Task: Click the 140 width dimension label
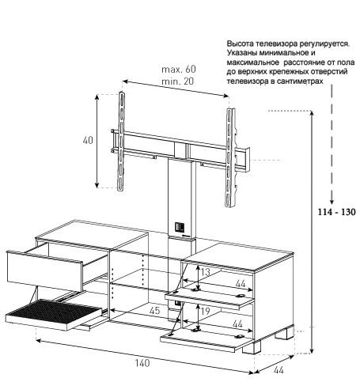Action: pyautogui.click(x=142, y=363)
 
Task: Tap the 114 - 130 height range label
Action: pyautogui.click(x=336, y=212)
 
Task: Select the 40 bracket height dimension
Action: pyautogui.click(x=88, y=140)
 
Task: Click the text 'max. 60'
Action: pyautogui.click(x=179, y=69)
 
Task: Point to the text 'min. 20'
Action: pyautogui.click(x=178, y=81)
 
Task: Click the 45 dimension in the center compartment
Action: pyautogui.click(x=154, y=311)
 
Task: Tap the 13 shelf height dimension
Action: pyautogui.click(x=205, y=272)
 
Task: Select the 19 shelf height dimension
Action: pyautogui.click(x=205, y=312)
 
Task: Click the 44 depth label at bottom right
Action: pyautogui.click(x=279, y=370)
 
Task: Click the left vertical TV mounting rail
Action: pyautogui.click(x=121, y=141)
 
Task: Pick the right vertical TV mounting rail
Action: pyautogui.click(x=230, y=157)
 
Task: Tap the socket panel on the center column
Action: pyautogui.click(x=180, y=227)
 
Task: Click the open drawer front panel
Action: pyautogui.click(x=45, y=270)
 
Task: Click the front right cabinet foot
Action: pyautogui.click(x=251, y=347)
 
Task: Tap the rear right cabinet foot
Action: pyautogui.click(x=283, y=333)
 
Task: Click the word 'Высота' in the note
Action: pyautogui.click(x=241, y=43)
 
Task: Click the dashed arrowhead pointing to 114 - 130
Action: pyautogui.click(x=332, y=202)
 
